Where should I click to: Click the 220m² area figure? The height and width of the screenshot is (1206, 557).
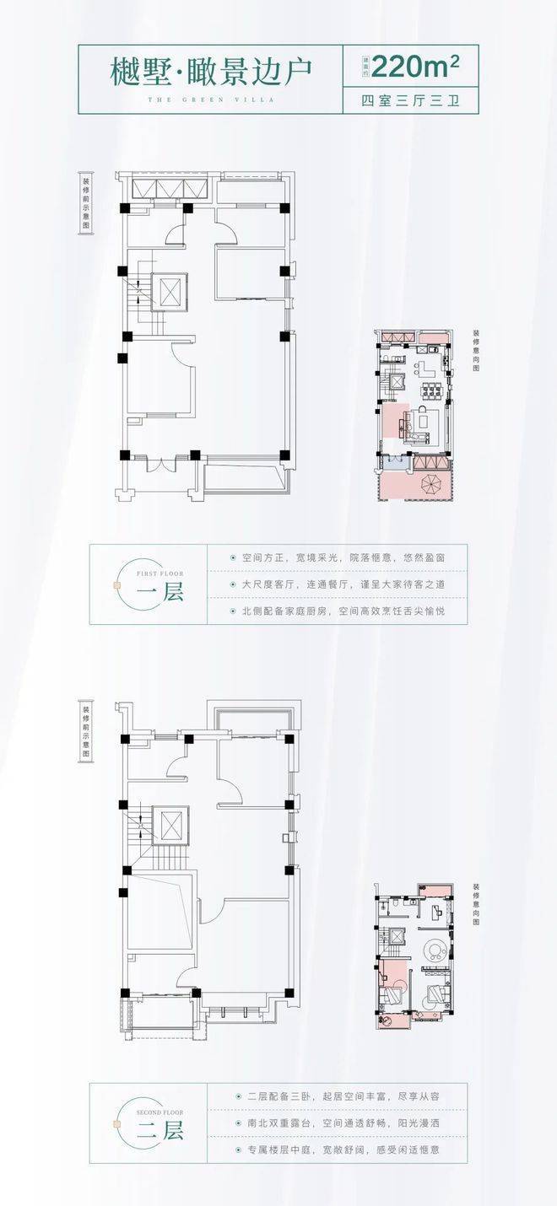414,64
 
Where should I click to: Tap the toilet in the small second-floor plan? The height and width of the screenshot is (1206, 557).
384,903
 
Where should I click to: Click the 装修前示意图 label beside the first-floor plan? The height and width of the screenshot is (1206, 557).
85,204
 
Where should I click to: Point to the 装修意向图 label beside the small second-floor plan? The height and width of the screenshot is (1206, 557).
476,906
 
